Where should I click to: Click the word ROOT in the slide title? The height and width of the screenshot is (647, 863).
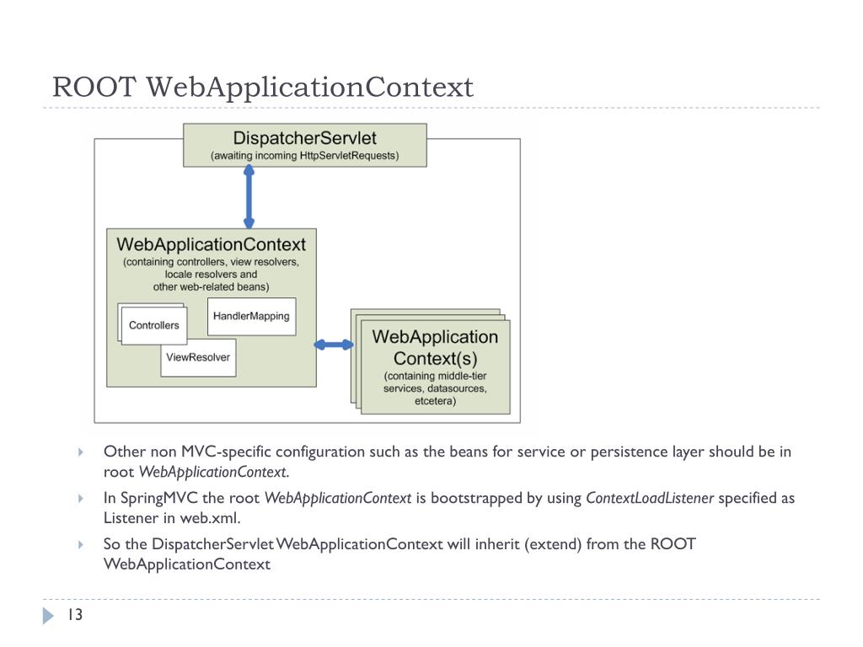pos(94,87)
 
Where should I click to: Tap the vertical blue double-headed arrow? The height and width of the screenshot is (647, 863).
pos(249,197)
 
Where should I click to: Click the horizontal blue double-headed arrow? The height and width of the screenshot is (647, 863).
pos(335,345)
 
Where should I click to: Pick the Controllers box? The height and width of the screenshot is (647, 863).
pos(153,325)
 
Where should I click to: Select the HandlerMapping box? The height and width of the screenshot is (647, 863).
pos(251,316)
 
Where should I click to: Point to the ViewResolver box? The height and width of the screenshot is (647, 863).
pos(198,357)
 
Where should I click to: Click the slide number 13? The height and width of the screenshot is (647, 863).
pos(75,616)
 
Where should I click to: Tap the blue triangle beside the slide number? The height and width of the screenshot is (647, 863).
pos(47,616)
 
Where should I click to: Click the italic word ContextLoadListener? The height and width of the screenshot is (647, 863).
pos(650,498)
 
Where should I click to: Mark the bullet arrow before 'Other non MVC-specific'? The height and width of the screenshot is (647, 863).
pos(81,452)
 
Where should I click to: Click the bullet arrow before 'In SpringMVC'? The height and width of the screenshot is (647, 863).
pos(81,499)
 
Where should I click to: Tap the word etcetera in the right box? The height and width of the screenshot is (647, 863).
pos(435,401)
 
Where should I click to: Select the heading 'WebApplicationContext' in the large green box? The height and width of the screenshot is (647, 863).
pos(211,244)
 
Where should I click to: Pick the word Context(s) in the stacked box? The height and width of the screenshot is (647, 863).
pos(435,357)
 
